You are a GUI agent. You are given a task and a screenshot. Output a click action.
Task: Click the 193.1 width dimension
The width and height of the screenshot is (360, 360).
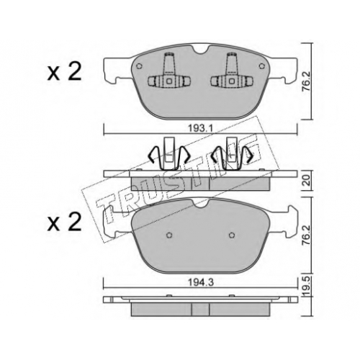pos(200,129)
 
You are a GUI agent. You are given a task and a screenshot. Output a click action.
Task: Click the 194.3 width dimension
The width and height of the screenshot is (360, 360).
pos(201,283)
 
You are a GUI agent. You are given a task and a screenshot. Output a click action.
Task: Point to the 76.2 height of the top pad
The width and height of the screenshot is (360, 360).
pos(307,81)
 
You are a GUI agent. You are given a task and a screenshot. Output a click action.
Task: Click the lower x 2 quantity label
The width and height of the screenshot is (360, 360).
pos(64,221)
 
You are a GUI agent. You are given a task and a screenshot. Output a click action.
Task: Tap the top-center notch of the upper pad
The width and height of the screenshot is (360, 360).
pos(201,50)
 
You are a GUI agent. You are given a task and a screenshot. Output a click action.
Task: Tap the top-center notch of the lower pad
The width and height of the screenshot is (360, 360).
pos(201,203)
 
